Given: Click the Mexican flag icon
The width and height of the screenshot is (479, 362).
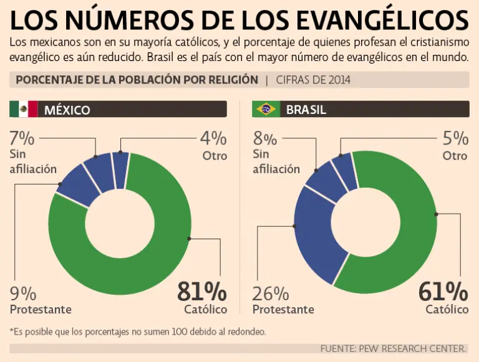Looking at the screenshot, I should [x=24, y=110].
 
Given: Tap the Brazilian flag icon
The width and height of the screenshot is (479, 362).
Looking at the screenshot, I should [x=266, y=110].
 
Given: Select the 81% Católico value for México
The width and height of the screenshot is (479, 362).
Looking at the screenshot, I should [x=202, y=292].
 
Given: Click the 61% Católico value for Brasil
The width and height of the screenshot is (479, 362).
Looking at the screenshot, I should [x=443, y=292].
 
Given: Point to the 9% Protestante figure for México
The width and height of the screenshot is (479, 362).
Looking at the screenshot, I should [x=23, y=293].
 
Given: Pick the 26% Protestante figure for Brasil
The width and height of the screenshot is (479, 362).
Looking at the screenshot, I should [x=270, y=293].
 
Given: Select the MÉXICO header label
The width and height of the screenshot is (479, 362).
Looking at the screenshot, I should [x=67, y=110].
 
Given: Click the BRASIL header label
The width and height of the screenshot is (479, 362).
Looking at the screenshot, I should [x=306, y=110].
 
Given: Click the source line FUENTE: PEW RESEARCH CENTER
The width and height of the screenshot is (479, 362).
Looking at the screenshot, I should [x=393, y=348].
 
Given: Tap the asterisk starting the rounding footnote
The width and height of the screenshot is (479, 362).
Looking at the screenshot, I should [x=12, y=331].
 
